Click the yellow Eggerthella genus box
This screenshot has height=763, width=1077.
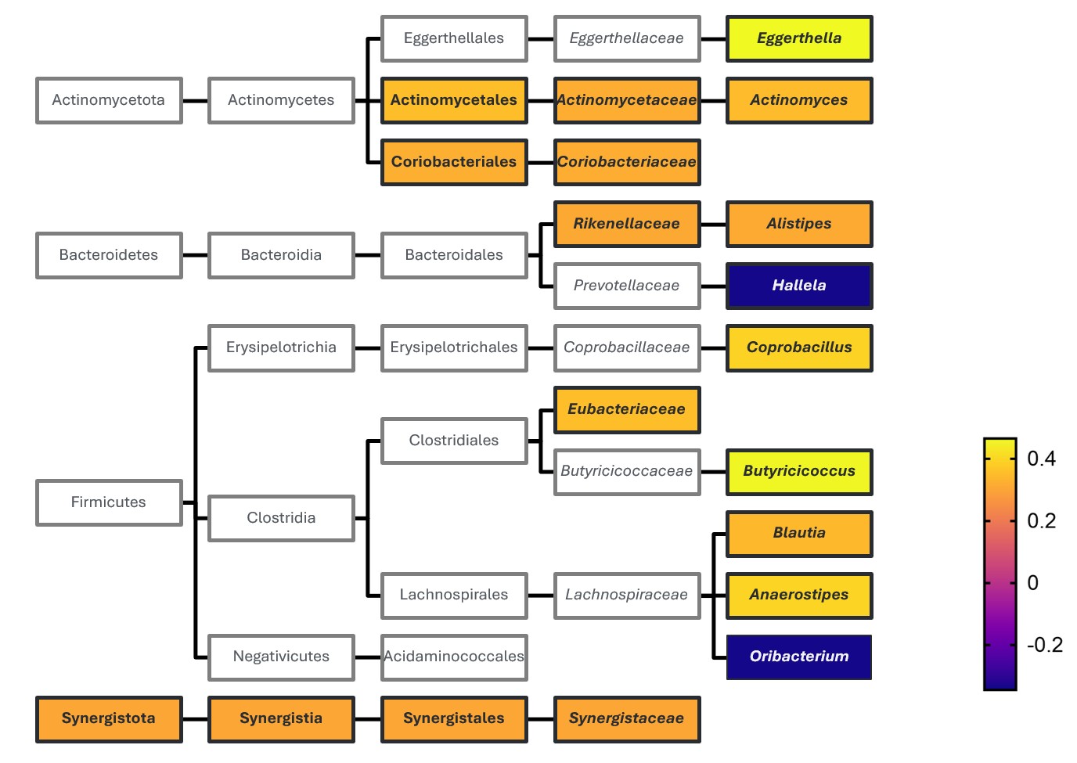coord(798,38)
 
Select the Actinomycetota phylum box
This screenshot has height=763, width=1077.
coord(109,100)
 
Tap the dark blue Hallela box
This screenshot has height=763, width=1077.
coord(798,286)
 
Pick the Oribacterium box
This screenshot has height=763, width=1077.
coord(798,657)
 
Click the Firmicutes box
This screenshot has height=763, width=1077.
coord(109,502)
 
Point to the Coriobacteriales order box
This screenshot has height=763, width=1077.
coord(454,162)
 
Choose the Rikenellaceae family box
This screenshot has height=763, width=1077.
coord(626,224)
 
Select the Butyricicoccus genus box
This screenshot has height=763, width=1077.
coord(798,471)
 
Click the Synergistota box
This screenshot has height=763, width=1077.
coord(109,718)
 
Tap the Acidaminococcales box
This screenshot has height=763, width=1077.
coord(454,657)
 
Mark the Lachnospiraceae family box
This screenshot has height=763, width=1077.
coord(626,595)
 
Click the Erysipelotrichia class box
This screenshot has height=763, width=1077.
coord(281,347)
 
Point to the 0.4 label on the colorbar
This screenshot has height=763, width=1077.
coord(1041,459)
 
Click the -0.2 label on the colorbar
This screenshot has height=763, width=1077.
coord(1044,645)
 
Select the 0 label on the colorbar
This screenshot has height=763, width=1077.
coord(1033,583)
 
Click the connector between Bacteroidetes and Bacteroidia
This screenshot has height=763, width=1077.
coord(195,255)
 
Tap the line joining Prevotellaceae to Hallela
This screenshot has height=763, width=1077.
coord(713,286)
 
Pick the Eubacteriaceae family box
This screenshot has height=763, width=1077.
coord(626,409)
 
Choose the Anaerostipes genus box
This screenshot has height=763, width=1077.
coord(798,595)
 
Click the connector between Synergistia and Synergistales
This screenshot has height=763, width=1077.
coord(367,718)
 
